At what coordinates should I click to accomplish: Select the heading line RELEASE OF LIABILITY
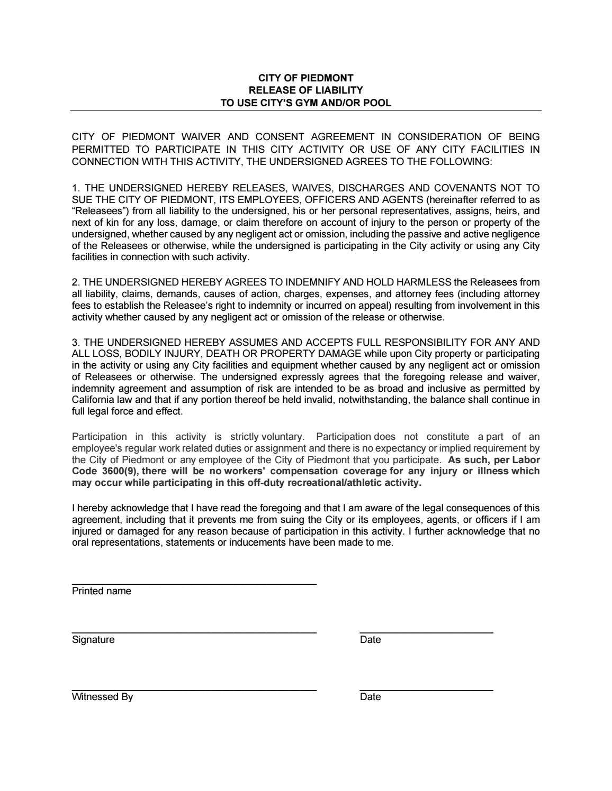pos(305,90)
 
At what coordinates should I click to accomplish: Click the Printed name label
pos(102,591)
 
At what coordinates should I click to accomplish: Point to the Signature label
pos(93,640)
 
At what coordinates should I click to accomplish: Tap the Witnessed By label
pos(102,697)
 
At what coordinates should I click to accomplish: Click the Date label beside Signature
pos(371,640)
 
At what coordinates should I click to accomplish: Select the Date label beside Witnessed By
pos(371,697)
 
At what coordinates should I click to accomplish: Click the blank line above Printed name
pos(194,584)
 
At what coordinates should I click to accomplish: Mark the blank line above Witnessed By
pos(194,690)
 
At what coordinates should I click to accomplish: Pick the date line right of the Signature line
pos(426,632)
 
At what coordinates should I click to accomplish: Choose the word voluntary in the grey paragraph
pos(282,437)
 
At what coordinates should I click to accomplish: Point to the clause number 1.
pos(75,188)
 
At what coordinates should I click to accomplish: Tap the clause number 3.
pos(75,342)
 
